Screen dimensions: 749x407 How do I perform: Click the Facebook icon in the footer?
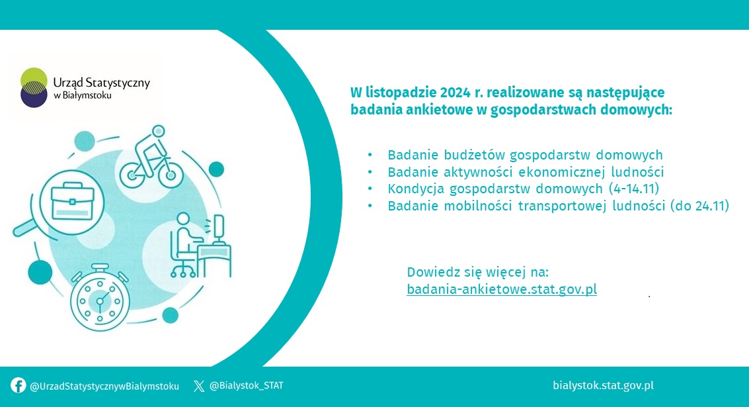point(18,385)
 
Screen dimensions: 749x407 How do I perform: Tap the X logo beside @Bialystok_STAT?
point(199,386)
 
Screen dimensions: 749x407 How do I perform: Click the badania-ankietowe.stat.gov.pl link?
point(502,289)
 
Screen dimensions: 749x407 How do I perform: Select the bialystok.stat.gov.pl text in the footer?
point(603,385)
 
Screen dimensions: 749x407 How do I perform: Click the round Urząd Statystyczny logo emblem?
point(34,87)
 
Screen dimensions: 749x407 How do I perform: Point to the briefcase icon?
point(72,201)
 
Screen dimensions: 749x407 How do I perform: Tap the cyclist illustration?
point(151,157)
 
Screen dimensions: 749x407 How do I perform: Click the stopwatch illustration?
point(100,298)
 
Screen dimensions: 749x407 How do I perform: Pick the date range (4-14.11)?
point(634,189)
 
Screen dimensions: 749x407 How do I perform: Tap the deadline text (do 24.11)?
point(699,206)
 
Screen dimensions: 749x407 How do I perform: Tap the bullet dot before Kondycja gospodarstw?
point(370,189)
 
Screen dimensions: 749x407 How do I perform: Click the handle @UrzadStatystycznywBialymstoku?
point(104,386)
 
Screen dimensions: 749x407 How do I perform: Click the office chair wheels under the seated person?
point(183,273)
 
